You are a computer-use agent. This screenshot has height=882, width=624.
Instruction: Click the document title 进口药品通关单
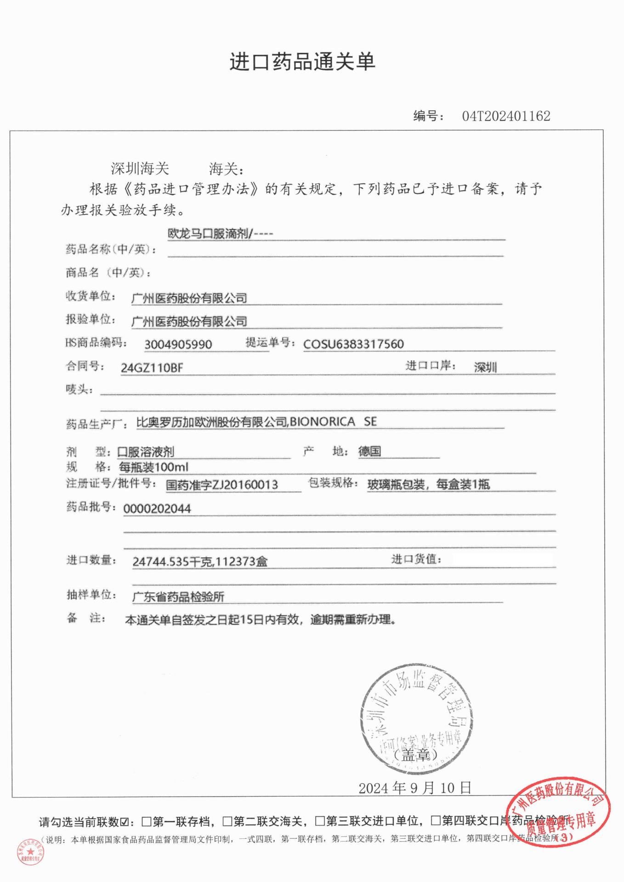tap(302, 62)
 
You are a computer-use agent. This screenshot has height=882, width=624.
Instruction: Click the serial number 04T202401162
tap(506, 116)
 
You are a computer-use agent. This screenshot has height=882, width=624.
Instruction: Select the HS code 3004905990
tap(178, 344)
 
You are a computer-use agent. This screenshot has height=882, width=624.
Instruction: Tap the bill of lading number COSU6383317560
tap(353, 344)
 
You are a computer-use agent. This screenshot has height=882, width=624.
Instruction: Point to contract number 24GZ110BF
tap(152, 367)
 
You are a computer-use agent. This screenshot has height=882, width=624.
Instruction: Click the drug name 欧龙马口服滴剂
tap(209, 234)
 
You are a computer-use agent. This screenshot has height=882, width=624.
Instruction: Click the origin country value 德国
tap(369, 451)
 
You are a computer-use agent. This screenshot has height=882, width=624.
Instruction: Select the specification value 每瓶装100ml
tap(153, 467)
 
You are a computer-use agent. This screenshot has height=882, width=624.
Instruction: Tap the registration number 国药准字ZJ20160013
tap(222, 485)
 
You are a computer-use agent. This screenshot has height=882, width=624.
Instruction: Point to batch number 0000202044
tap(157, 509)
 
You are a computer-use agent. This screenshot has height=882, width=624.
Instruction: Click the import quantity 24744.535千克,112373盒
tap(200, 561)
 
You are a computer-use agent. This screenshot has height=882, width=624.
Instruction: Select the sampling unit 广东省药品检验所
tap(178, 597)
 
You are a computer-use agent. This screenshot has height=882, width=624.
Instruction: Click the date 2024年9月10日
tap(415, 788)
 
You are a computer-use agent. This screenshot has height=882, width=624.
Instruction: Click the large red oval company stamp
tap(558, 813)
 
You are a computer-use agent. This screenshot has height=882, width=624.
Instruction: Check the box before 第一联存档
tap(147, 821)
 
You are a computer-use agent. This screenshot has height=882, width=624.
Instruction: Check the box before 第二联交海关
tap(227, 821)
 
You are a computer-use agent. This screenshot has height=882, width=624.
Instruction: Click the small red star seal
tap(31, 852)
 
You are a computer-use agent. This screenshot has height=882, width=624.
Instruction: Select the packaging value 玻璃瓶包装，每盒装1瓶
tap(428, 484)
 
